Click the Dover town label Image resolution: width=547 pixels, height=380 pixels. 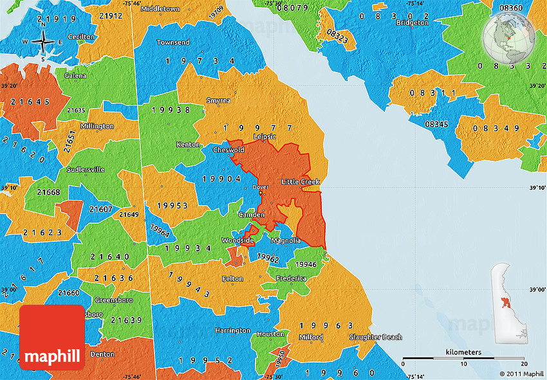click(260, 187)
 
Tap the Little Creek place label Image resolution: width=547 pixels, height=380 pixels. click(300, 182)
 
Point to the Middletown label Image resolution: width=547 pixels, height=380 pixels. click(160, 9)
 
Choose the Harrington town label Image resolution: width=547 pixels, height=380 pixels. click(232, 330)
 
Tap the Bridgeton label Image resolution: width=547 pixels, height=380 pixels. click(412, 23)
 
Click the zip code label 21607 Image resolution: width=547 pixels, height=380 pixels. click(101, 209)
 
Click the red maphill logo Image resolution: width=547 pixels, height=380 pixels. click(52, 338)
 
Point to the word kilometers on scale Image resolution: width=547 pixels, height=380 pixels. click(463, 352)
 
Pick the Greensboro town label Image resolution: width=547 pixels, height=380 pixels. click(114, 300)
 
